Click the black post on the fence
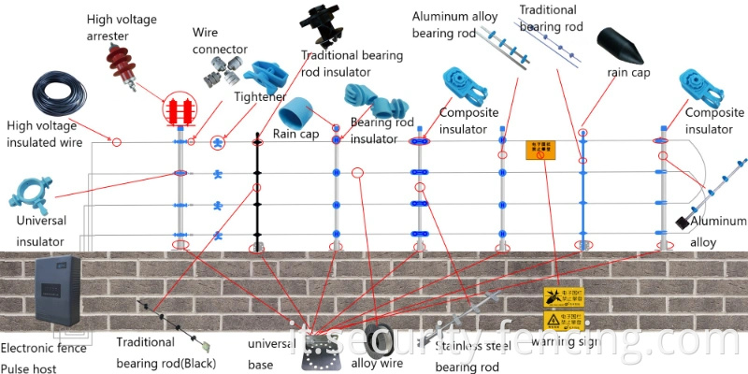pos(257,192)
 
